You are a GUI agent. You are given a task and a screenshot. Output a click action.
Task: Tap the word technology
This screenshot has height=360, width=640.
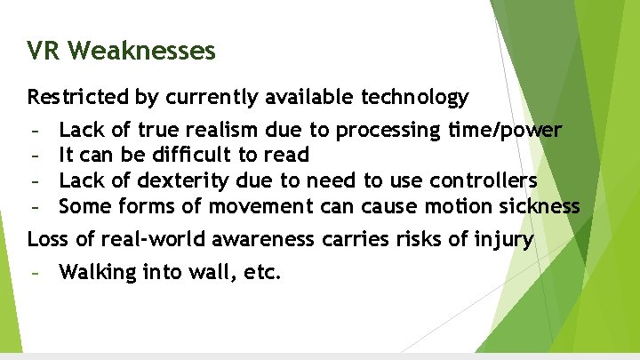[412, 96]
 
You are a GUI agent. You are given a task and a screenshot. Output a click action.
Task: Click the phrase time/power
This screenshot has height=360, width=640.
[506, 131]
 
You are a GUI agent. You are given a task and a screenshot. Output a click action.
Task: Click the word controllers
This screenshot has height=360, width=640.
[484, 181]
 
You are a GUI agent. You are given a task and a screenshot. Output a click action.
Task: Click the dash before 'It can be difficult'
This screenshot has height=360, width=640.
[36, 156]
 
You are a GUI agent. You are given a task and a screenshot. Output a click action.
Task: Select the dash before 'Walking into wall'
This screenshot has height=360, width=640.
[36, 272]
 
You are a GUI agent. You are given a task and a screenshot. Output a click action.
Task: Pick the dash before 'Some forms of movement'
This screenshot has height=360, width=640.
[36, 207]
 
